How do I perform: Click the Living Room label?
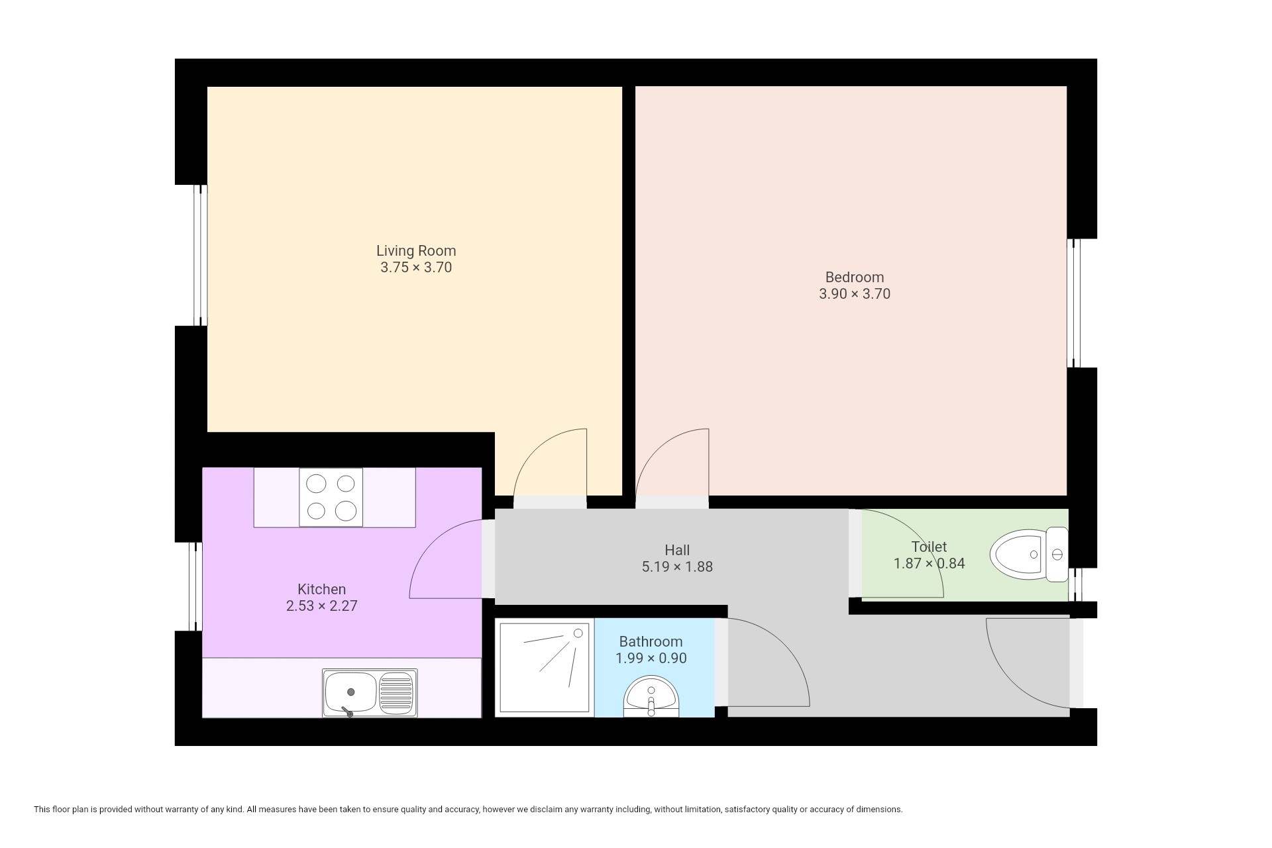coord(416,251)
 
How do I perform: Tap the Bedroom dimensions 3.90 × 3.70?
coord(855,294)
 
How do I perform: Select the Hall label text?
coord(677,550)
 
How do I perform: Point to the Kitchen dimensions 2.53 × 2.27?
coord(322,606)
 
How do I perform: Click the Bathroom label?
coord(651,641)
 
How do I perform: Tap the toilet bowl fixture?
coord(1029,555)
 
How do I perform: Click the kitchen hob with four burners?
coord(331,498)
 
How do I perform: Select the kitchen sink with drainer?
coord(370,693)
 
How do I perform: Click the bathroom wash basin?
coord(651,696)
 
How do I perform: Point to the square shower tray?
coord(545,667)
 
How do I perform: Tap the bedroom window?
coord(1074,303)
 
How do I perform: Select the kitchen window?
coord(195,586)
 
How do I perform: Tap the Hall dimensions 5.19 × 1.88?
coord(677,567)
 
